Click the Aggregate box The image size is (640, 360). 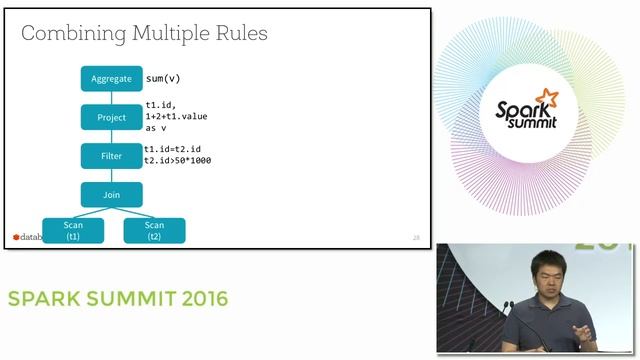tap(111, 79)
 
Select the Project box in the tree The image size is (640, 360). tap(111, 118)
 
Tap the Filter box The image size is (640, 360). tap(111, 156)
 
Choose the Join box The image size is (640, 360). tap(111, 194)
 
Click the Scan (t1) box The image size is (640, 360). tap(73, 231)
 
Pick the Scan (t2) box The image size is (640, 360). tap(154, 231)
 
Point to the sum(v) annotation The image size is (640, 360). tap(163, 78)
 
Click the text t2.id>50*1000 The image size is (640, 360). tap(177, 160)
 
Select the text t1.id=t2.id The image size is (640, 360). tap(173, 149)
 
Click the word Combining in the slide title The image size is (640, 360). tap(69, 34)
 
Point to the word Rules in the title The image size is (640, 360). tap(240, 34)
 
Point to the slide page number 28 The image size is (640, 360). tap(416, 237)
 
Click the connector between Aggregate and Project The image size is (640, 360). tap(111, 98)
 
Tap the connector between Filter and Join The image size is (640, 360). tap(111, 175)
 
